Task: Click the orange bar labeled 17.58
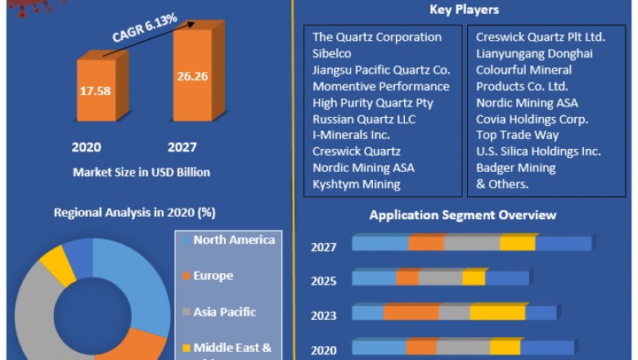tap(97, 91)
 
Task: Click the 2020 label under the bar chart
tap(86, 147)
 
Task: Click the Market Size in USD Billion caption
tap(142, 173)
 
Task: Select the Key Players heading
tap(464, 10)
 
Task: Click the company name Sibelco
tap(334, 53)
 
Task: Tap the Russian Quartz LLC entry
tap(364, 119)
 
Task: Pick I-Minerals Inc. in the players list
tap(351, 135)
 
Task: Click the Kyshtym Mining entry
tap(356, 184)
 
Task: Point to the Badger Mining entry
tap(516, 168)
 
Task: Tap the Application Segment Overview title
tap(463, 215)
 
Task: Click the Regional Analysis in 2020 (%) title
tap(135, 213)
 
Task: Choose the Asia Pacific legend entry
tap(224, 312)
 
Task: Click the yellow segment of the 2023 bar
tap(497, 313)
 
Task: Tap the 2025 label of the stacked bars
tap(323, 281)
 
